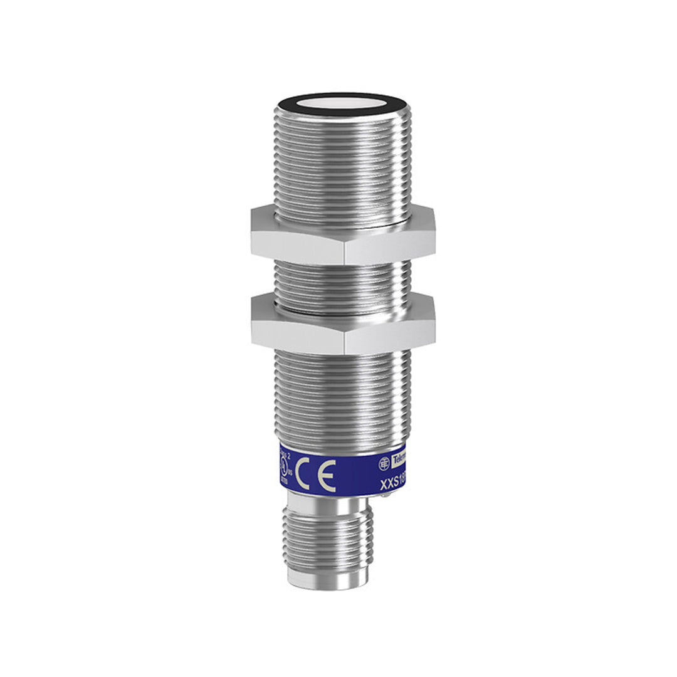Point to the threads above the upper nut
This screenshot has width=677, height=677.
(342, 163)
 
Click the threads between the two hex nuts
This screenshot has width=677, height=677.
(342, 279)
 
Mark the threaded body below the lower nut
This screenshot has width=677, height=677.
(342, 395)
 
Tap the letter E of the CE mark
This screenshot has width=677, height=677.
(327, 476)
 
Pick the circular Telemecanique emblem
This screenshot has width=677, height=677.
(384, 463)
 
